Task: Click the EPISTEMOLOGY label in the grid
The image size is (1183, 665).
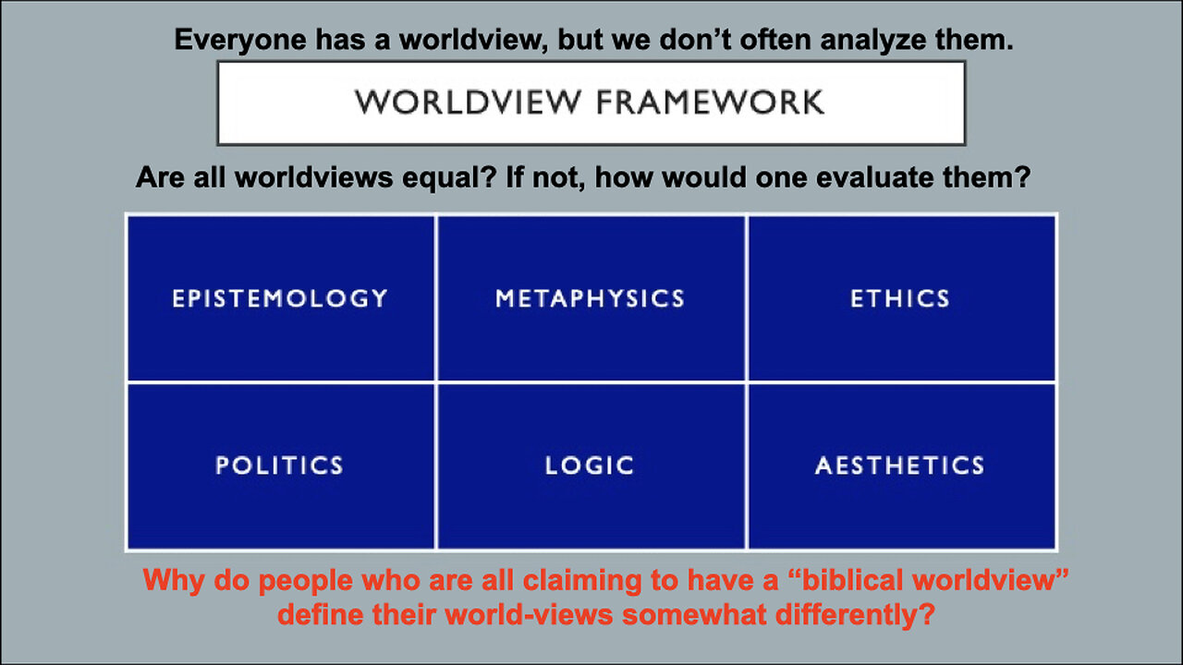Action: click(280, 298)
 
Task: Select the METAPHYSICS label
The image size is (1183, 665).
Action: click(590, 298)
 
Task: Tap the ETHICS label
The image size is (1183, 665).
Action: click(900, 298)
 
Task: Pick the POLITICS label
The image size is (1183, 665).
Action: click(279, 465)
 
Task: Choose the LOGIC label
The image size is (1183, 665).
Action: click(590, 465)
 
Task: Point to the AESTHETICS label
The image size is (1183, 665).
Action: click(900, 465)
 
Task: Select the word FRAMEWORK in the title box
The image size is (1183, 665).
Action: click(711, 103)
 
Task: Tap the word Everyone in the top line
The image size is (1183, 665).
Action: click(240, 41)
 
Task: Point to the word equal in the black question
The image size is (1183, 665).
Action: click(449, 177)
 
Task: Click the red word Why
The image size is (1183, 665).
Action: click(174, 581)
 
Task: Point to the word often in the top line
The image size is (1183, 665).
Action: click(775, 41)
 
